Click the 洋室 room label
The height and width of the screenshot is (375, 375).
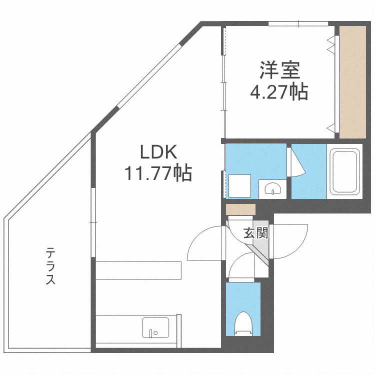[280, 70]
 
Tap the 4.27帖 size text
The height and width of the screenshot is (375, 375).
[279, 92]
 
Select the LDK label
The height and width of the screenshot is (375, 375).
[158, 152]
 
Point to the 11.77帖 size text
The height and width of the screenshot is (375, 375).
[158, 172]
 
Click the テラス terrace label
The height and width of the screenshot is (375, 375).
[50, 266]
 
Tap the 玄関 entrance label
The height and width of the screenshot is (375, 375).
[256, 233]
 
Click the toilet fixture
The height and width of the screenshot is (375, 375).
[243, 324]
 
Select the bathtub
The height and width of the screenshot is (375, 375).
[344, 171]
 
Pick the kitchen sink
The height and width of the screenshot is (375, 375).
[155, 327]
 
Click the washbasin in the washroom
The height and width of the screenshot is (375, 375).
[272, 188]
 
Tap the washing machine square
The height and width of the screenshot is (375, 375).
[239, 186]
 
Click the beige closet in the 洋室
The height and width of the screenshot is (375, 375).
[353, 82]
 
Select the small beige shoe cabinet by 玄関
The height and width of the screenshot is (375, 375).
[241, 209]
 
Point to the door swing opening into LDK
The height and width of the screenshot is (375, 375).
[204, 242]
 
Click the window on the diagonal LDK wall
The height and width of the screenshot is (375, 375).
[148, 75]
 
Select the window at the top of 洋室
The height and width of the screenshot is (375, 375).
[298, 23]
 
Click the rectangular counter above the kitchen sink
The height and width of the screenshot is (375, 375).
[138, 270]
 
